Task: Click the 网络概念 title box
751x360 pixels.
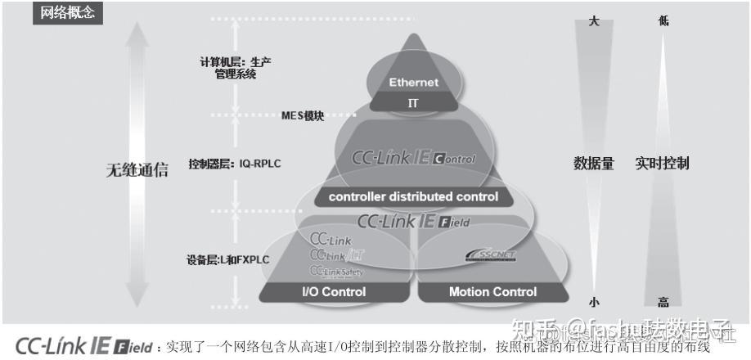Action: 69,13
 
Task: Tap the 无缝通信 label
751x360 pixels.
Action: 137,170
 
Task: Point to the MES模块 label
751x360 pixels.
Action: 302,115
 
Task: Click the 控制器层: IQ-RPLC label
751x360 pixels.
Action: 235,164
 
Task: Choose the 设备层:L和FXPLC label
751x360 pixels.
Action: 228,260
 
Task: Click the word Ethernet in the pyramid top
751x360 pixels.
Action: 413,83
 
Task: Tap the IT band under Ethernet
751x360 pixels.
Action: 413,103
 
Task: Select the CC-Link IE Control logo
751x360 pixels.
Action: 412,157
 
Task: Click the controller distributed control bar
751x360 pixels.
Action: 413,196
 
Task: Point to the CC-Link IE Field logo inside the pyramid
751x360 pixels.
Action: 412,221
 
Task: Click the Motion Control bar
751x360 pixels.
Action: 492,292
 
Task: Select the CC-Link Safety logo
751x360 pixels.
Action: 336,271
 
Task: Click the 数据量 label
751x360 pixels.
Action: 593,164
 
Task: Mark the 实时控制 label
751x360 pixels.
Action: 662,164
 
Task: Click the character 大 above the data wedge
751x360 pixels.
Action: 594,21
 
